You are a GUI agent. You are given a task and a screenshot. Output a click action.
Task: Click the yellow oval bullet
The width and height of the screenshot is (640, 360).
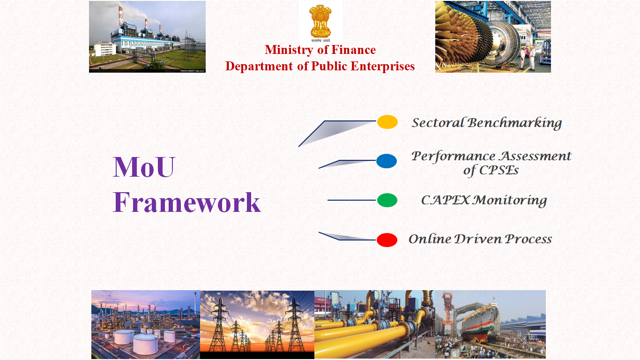(387, 122)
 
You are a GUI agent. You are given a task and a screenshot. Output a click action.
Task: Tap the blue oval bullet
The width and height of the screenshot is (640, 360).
(386, 161)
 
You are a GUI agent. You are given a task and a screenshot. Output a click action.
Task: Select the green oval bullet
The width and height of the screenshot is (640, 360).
(387, 200)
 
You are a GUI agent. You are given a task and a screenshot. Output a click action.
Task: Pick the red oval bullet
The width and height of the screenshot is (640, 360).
(387, 240)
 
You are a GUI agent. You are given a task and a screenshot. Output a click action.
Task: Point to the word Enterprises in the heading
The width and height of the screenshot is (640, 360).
(383, 67)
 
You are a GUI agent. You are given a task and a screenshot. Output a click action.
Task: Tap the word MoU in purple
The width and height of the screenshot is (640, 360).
(144, 167)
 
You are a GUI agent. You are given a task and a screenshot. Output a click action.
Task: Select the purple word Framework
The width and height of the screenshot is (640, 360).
(186, 202)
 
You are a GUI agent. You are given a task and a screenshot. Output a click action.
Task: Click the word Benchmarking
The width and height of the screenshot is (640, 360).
(514, 123)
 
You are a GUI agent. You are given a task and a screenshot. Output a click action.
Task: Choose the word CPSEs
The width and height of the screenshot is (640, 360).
(499, 171)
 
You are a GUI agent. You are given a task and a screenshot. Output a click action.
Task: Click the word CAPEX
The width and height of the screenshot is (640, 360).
(445, 200)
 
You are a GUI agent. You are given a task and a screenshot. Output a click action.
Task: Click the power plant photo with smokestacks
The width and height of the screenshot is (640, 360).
(147, 37)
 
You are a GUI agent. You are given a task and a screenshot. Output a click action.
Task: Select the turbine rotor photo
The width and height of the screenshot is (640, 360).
(493, 37)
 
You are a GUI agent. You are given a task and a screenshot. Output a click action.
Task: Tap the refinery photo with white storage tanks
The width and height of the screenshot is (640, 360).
(146, 324)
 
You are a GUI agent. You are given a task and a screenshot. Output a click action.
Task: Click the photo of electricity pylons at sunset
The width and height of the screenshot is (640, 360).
(257, 324)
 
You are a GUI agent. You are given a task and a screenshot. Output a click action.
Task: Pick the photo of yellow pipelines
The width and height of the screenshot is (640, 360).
(375, 324)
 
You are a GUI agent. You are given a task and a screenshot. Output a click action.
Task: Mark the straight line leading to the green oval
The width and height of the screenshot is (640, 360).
(352, 200)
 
